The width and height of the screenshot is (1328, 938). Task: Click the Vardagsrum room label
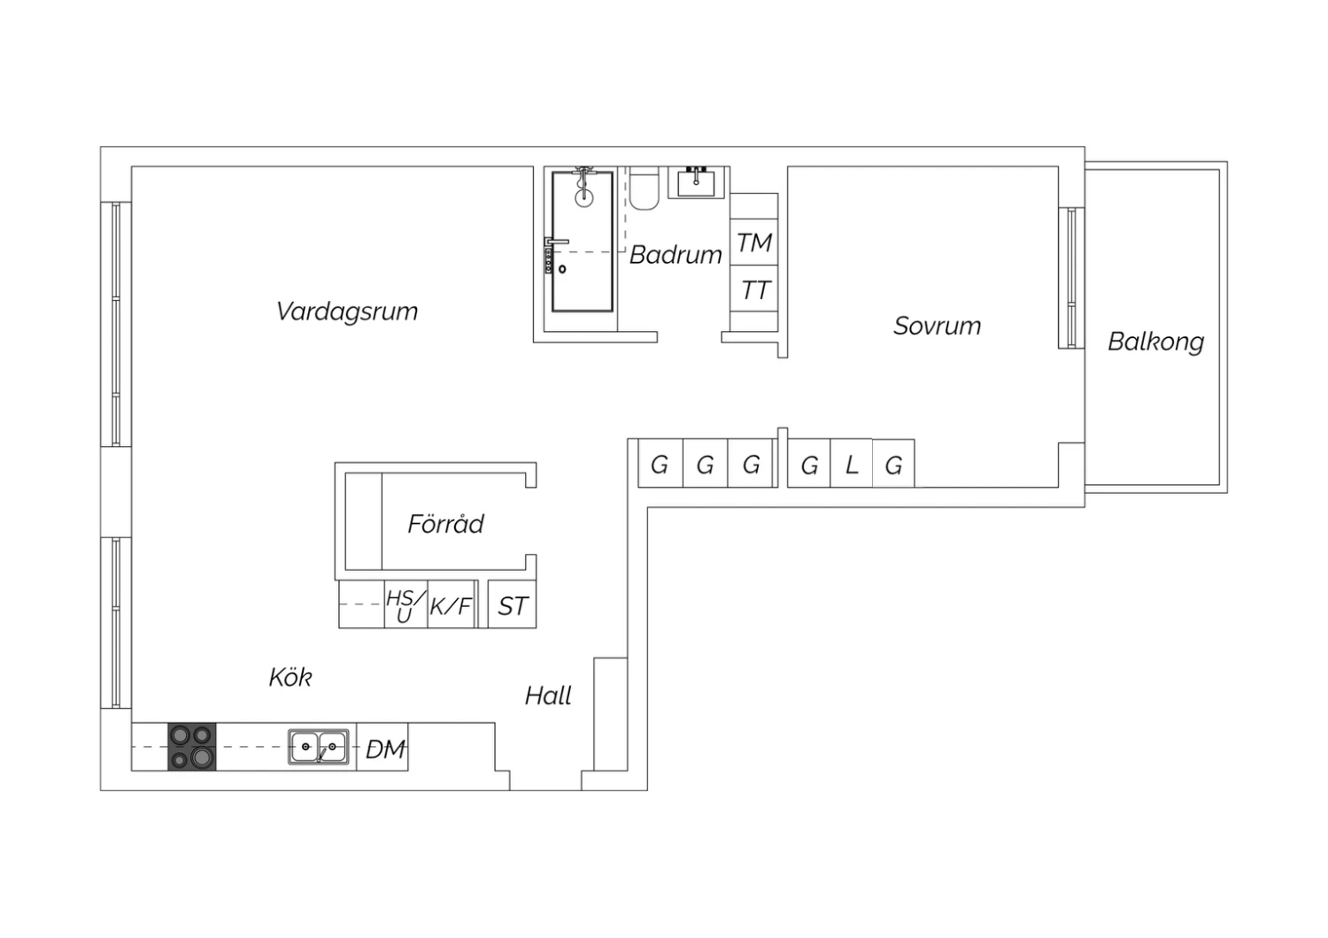[x=347, y=311]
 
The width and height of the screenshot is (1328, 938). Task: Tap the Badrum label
[x=676, y=255]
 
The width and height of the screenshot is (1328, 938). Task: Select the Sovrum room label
[x=937, y=326]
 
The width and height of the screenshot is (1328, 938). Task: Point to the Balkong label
[x=1155, y=342]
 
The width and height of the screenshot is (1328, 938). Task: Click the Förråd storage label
[x=445, y=524]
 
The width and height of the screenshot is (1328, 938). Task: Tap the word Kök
[x=290, y=678]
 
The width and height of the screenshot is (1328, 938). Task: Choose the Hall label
[x=548, y=696]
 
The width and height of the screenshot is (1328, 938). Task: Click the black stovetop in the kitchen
[x=192, y=747]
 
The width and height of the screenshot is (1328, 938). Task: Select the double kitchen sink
[x=319, y=747]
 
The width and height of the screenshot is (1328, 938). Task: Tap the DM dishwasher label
[x=385, y=750]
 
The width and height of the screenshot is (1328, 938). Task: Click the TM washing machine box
[x=754, y=242]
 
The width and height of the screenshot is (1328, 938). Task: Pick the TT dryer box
[x=754, y=289]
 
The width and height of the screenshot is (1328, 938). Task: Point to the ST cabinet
[x=513, y=606]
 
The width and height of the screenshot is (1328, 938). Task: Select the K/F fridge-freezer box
[x=451, y=606]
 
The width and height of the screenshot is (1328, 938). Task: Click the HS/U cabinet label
[x=405, y=606]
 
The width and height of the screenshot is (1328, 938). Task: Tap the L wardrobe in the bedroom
[x=852, y=465]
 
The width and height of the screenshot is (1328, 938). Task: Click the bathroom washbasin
[x=698, y=182]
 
